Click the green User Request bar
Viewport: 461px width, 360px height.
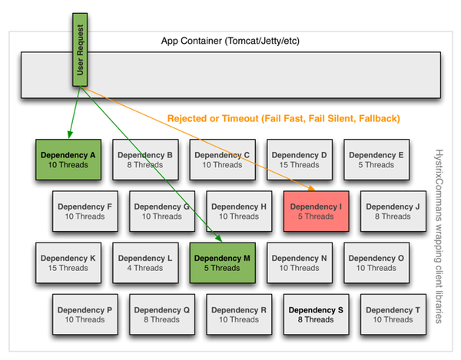[x=80, y=50]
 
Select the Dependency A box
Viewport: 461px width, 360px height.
[x=68, y=160]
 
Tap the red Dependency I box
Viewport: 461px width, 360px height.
[x=317, y=211]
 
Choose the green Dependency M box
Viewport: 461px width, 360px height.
[x=223, y=263]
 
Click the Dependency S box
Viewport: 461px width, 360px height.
[x=317, y=315]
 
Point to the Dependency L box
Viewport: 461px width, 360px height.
[x=145, y=263]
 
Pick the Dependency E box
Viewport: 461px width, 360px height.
[x=376, y=160]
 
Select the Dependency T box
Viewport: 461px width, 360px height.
[x=393, y=315]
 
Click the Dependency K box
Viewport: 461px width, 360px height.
[x=68, y=263]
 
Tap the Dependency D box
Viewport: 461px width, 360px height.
[x=300, y=160]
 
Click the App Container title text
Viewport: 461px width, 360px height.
[x=230, y=41]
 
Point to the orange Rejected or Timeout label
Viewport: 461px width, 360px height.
[x=284, y=118]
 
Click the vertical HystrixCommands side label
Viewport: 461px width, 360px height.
[x=439, y=236]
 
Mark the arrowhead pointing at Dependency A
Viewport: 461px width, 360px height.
[x=69, y=135]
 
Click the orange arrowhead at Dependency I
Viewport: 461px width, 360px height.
[x=312, y=188]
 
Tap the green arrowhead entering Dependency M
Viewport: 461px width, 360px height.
[x=219, y=239]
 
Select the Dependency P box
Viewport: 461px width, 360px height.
[x=85, y=315]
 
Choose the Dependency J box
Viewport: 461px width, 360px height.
[x=393, y=211]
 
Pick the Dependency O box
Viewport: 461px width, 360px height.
[x=376, y=263]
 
